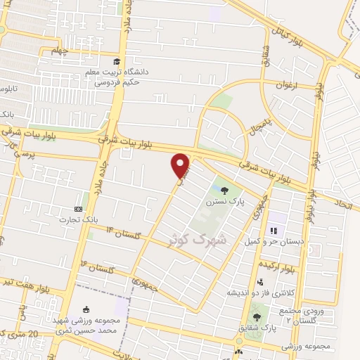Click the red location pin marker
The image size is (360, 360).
(x=181, y=165)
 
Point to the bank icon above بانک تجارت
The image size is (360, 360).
(x=78, y=210)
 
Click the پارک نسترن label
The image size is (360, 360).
(x=224, y=202)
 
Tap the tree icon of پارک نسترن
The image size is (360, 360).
(x=224, y=190)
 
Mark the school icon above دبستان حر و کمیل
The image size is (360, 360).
(x=274, y=229)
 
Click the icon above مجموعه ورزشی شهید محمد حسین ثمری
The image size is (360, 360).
(x=86, y=310)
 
